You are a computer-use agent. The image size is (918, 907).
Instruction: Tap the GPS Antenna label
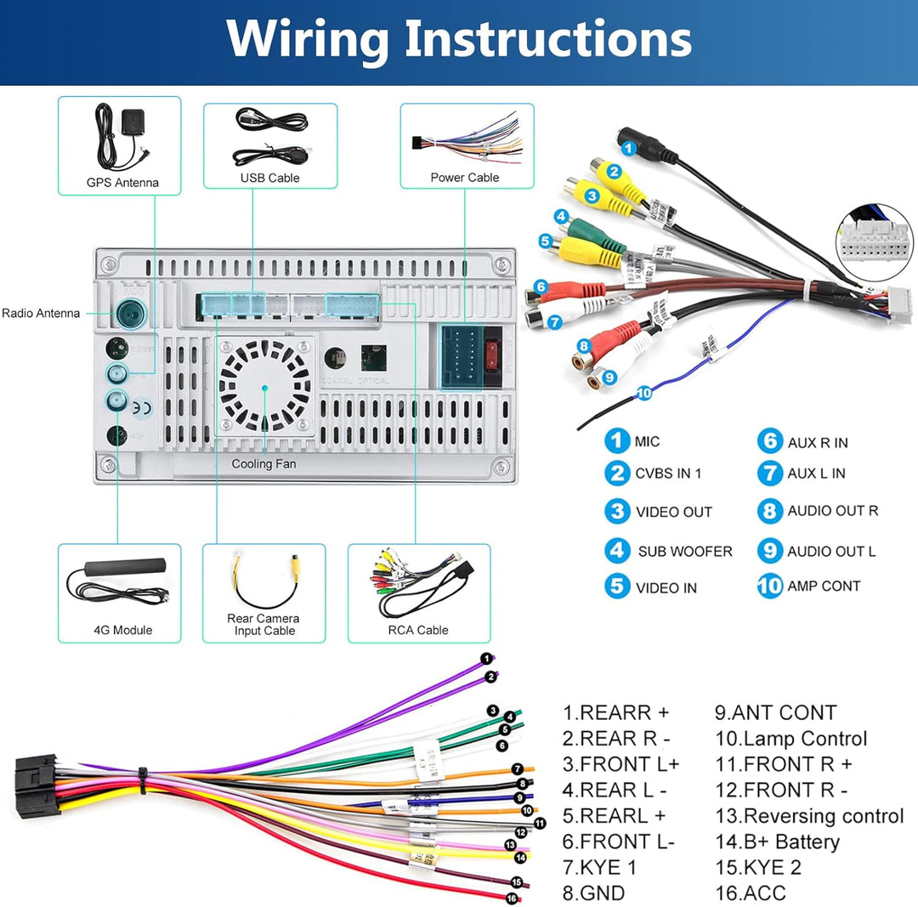pyautogui.click(x=122, y=182)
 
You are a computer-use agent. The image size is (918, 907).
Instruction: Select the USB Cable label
pyautogui.click(x=269, y=178)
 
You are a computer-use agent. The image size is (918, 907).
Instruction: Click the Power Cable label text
pyautogui.click(x=465, y=178)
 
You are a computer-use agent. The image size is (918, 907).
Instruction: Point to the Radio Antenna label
pyautogui.click(x=41, y=313)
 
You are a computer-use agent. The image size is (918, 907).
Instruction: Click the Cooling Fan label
pyautogui.click(x=263, y=464)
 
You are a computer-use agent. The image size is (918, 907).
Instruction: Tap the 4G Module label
pyautogui.click(x=123, y=630)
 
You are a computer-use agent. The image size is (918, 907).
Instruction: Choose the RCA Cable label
pyautogui.click(x=418, y=630)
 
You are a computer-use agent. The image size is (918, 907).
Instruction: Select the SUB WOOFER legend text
pyautogui.click(x=685, y=551)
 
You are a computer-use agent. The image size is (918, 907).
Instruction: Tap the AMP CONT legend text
pyautogui.click(x=824, y=586)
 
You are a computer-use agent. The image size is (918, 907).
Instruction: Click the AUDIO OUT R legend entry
pyautogui.click(x=832, y=511)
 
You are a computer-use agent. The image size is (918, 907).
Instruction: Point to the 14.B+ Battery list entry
pyautogui.click(x=777, y=842)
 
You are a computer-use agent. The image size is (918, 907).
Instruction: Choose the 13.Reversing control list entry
pyautogui.click(x=809, y=816)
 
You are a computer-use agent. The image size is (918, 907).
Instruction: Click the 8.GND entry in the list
pyautogui.click(x=593, y=893)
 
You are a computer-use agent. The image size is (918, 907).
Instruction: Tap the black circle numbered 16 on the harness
pyautogui.click(x=512, y=898)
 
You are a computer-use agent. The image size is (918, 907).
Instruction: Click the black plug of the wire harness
pyautogui.click(x=37, y=785)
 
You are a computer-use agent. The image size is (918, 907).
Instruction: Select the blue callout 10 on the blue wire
pyautogui.click(x=643, y=393)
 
